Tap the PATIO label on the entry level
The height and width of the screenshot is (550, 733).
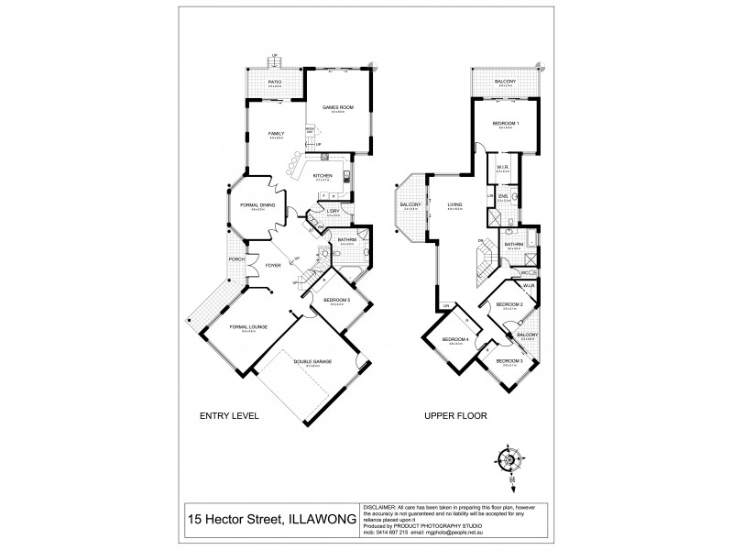(x=274, y=82)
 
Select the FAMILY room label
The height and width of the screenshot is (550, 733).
(x=276, y=134)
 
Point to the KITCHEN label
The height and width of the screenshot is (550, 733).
(x=323, y=175)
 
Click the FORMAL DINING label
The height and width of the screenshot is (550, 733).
(x=257, y=205)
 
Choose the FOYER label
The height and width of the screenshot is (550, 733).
(x=273, y=266)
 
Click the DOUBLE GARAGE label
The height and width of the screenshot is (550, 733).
(x=312, y=362)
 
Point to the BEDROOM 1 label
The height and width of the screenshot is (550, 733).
(x=505, y=124)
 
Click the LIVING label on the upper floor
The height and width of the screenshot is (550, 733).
(x=453, y=204)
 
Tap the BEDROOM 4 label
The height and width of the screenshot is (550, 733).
(x=455, y=340)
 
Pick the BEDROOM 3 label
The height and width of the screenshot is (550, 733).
(x=509, y=361)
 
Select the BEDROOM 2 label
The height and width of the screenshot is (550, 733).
(x=509, y=304)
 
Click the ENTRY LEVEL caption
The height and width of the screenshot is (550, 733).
(x=230, y=415)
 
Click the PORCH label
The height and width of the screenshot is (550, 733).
(x=235, y=258)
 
